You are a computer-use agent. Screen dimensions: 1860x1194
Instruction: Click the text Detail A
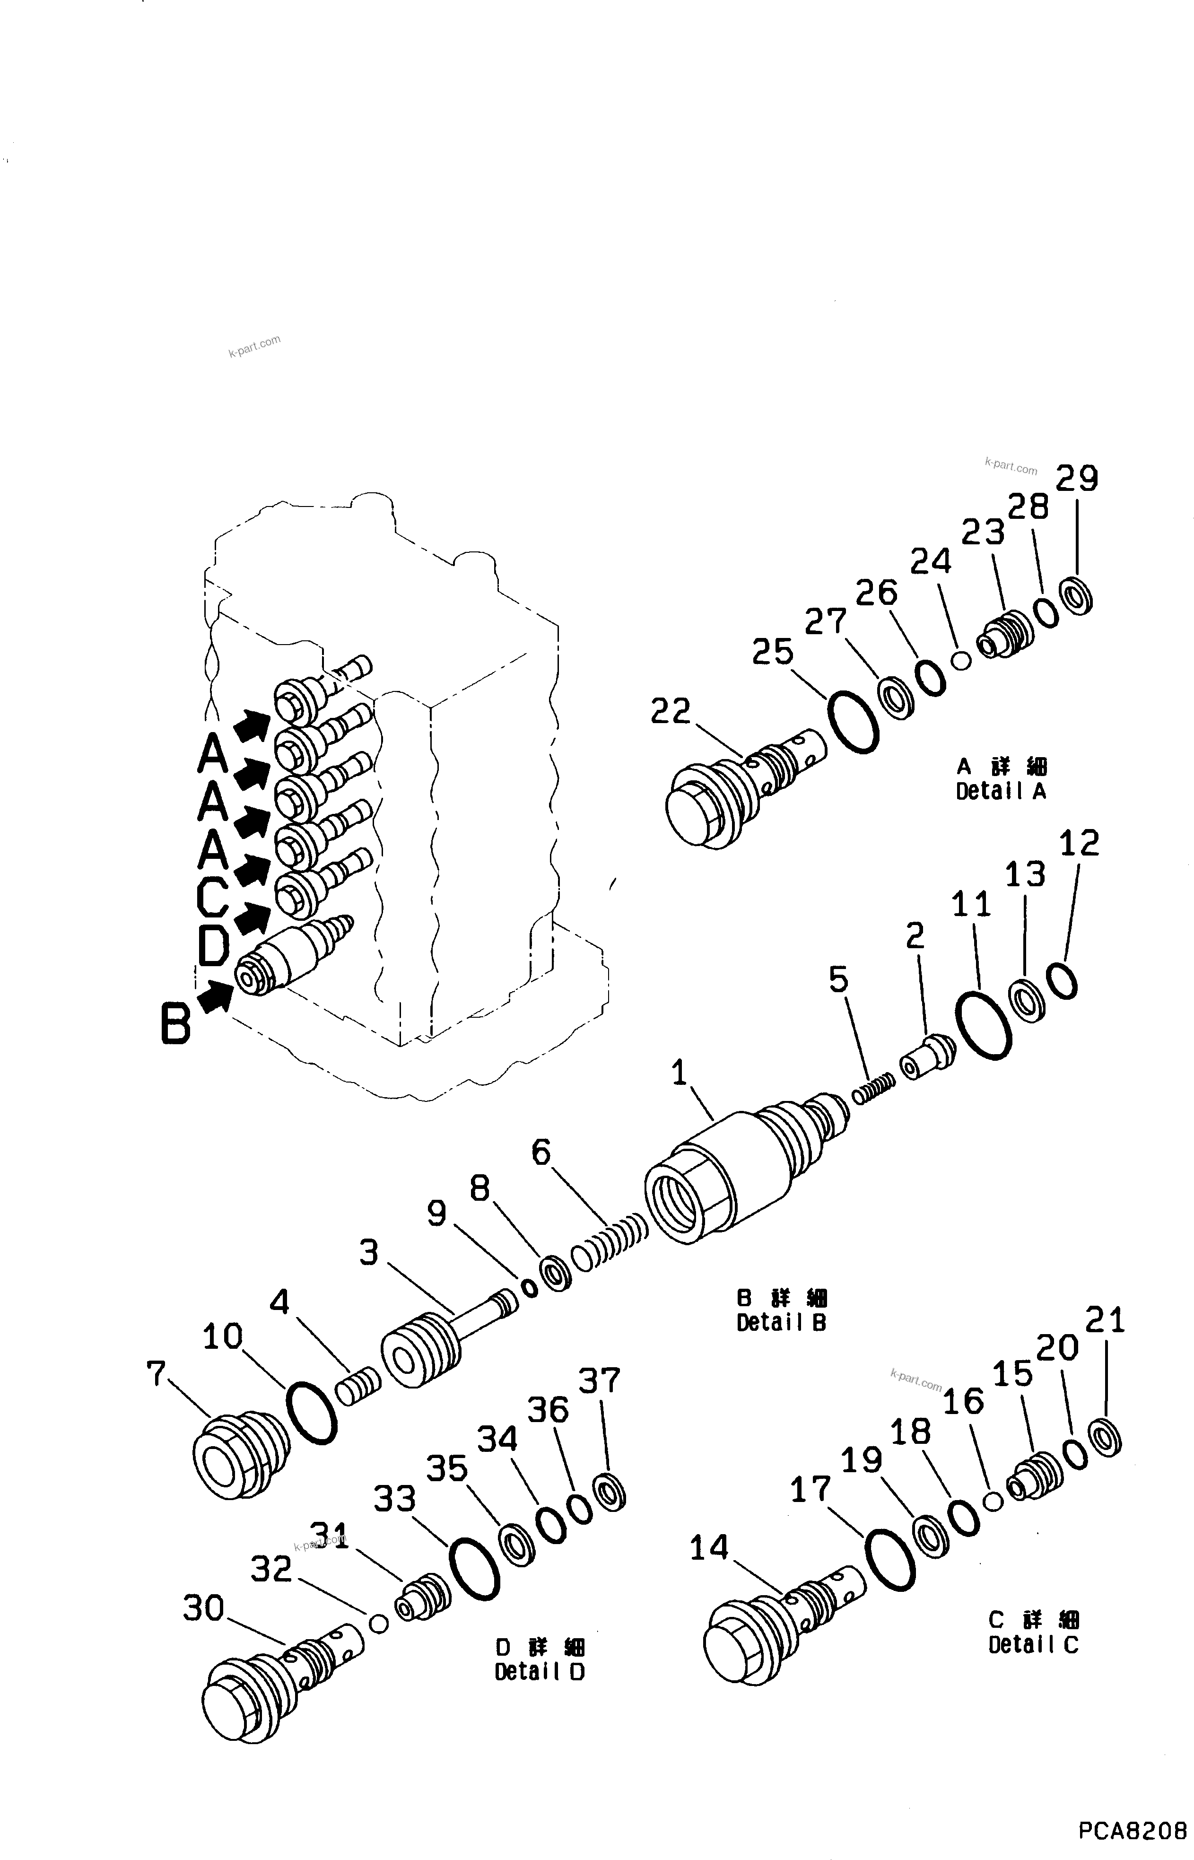coord(1001,792)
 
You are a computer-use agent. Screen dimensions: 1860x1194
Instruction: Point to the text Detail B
coord(782,1324)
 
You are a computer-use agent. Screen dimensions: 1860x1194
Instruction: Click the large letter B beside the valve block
coord(176,1023)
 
